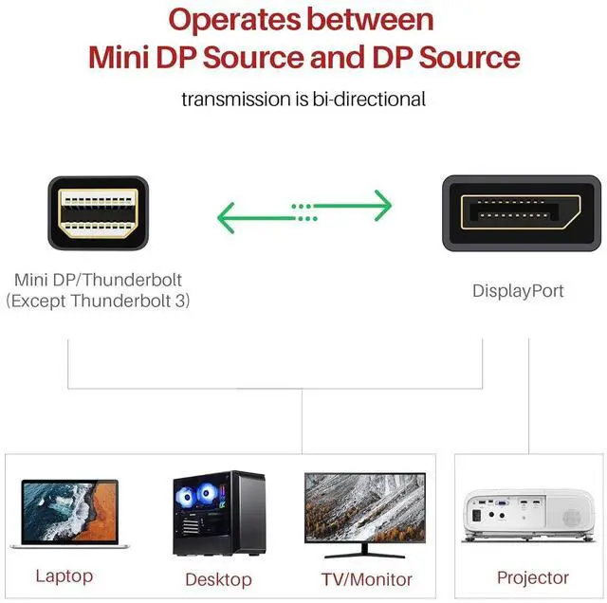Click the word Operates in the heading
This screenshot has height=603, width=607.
[234, 20]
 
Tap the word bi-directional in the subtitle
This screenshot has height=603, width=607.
[369, 100]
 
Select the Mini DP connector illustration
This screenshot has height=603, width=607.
[99, 213]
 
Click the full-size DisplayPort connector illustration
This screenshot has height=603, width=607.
[522, 213]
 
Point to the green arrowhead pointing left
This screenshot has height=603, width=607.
[226, 218]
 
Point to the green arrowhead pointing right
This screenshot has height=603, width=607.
[383, 206]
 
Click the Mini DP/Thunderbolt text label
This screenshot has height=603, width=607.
[98, 280]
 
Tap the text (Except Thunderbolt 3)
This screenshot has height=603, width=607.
[98, 301]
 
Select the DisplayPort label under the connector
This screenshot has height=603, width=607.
[518, 291]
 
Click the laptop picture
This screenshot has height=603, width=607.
[69, 514]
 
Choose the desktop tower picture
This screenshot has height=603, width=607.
[219, 513]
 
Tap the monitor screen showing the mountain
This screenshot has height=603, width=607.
[365, 507]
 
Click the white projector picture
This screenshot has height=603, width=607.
[529, 516]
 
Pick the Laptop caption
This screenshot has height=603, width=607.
[64, 576]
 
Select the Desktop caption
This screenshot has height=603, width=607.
[219, 580]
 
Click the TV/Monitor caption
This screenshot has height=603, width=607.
[367, 580]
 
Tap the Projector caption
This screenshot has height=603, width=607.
[533, 577]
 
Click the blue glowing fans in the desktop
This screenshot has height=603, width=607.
[196, 495]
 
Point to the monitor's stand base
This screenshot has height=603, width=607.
[364, 556]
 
